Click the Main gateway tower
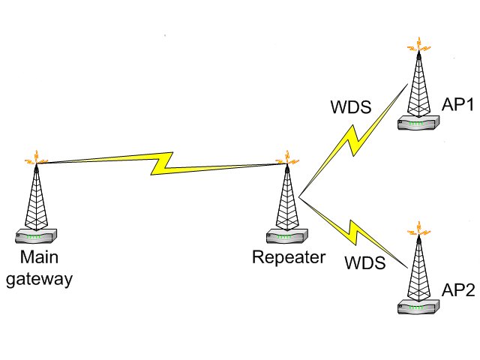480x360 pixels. [x=34, y=199]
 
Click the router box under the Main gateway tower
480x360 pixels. [x=35, y=237]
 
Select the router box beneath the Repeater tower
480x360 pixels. [x=286, y=237]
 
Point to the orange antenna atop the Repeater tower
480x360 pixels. [x=284, y=158]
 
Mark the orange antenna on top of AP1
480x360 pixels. [x=417, y=45]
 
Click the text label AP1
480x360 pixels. [x=457, y=105]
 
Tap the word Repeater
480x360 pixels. [x=289, y=259]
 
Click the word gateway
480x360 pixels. [x=39, y=280]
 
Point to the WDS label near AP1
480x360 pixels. [x=351, y=106]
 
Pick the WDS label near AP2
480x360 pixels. [x=364, y=263]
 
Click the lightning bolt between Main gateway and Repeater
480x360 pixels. [x=160, y=163]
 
